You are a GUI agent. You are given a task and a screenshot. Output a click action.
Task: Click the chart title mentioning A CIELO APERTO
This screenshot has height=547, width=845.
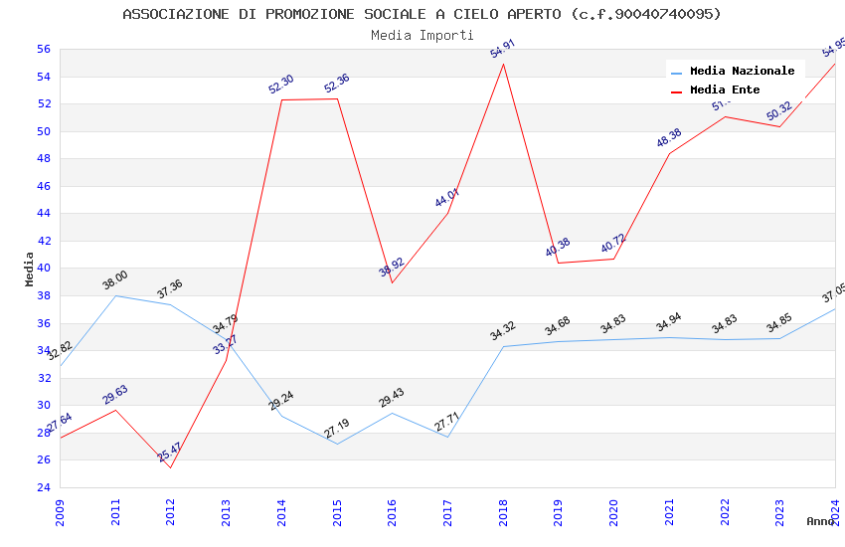pos(422,14)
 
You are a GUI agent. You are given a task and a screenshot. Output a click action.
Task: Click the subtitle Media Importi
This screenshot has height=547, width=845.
pos(422,35)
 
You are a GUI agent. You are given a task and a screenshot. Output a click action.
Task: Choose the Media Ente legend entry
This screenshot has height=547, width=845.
pos(725,90)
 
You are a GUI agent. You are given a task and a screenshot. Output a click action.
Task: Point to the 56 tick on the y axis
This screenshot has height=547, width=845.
pos(43,49)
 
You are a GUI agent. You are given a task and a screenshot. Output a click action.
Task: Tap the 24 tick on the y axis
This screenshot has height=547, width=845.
pos(43,487)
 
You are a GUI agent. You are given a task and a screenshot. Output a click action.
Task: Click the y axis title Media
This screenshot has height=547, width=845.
pos(30,269)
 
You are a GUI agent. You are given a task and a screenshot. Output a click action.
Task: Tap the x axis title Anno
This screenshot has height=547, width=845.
pos(820,521)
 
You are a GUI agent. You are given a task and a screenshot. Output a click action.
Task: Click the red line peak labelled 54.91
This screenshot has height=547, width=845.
pos(504,64)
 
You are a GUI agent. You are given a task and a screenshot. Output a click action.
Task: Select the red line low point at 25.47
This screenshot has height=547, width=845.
pos(171,467)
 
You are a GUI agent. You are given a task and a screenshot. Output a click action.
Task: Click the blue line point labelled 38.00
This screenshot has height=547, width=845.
pos(115,295)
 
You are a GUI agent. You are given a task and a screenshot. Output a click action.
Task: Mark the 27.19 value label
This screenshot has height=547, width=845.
pos(337,429)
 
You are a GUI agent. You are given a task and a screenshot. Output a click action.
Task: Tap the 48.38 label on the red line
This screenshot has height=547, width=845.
pos(669,138)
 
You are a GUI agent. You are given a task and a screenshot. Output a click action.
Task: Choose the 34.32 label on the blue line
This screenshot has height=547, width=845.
pos(503,331)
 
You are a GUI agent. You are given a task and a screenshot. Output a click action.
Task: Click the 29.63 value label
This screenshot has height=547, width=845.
pos(115,395)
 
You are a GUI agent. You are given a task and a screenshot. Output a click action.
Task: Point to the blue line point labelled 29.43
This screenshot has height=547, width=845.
pos(393,413)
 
